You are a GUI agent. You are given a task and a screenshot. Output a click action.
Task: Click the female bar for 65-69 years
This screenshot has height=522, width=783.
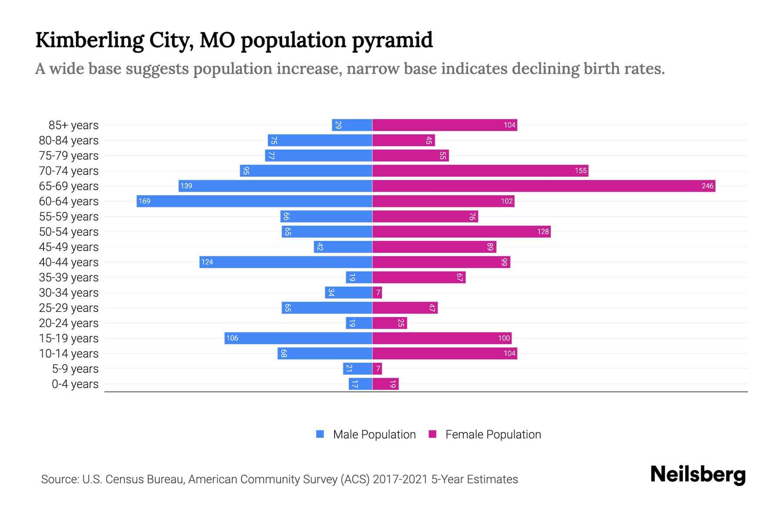pos(544,186)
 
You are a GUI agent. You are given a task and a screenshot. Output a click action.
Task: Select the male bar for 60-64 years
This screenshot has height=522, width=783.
pos(254,201)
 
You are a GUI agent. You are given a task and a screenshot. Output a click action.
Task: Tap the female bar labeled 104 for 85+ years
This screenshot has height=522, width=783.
pos(445,125)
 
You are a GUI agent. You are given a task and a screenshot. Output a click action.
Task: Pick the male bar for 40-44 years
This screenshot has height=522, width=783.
pos(286,262)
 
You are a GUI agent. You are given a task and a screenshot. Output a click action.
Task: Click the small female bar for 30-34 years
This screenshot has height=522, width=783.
pos(377,293)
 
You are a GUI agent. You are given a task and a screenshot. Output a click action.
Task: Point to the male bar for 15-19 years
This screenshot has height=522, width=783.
pos(298,338)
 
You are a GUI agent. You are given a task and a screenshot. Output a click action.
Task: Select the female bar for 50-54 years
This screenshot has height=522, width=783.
pos(462,232)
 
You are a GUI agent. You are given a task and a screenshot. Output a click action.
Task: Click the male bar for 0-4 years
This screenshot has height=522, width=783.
pos(360,384)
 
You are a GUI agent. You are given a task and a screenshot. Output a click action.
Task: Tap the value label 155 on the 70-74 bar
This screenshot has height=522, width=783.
pos(581,171)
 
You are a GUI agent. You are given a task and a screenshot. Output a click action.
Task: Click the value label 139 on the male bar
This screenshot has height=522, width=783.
pos(186,186)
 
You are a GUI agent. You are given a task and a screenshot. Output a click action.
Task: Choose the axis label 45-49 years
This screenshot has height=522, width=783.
pos(69,247)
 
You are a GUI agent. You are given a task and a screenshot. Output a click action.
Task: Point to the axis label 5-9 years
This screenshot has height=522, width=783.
pos(75,369)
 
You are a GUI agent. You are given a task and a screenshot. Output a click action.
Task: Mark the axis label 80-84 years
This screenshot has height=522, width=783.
pos(69,141)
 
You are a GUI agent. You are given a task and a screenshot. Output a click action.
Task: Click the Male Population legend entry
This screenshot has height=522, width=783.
pos(374,435)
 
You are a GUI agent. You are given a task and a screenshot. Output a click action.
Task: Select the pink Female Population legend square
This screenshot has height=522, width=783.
pos(432,434)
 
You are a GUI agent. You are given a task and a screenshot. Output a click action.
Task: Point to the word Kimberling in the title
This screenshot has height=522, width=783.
pos(90,40)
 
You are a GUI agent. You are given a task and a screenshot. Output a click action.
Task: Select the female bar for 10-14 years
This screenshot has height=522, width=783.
pos(445,354)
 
